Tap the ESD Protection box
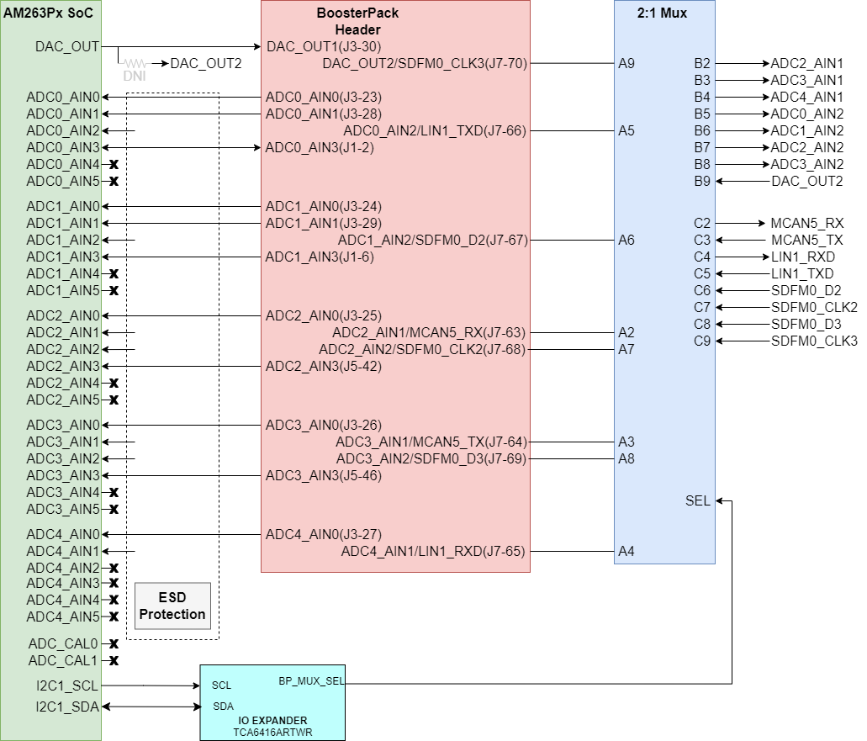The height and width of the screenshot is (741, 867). click(172, 606)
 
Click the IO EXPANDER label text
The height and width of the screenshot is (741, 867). click(272, 721)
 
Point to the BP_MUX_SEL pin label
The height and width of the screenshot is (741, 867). click(311, 681)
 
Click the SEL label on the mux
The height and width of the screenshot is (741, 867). click(697, 501)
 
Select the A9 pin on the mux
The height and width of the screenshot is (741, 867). click(626, 63)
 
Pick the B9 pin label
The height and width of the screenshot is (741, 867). click(701, 181)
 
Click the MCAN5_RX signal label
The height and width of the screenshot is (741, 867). click(806, 223)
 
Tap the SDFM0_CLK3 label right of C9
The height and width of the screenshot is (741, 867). click(813, 341)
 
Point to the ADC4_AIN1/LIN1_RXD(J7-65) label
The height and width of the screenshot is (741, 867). click(432, 552)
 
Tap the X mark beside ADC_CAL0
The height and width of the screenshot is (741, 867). click(114, 643)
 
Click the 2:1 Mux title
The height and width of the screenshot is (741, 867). click(663, 13)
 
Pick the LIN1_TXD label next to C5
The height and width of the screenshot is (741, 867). click(801, 273)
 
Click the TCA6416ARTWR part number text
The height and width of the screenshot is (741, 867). click(272, 733)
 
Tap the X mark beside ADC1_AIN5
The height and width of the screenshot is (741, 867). click(114, 290)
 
